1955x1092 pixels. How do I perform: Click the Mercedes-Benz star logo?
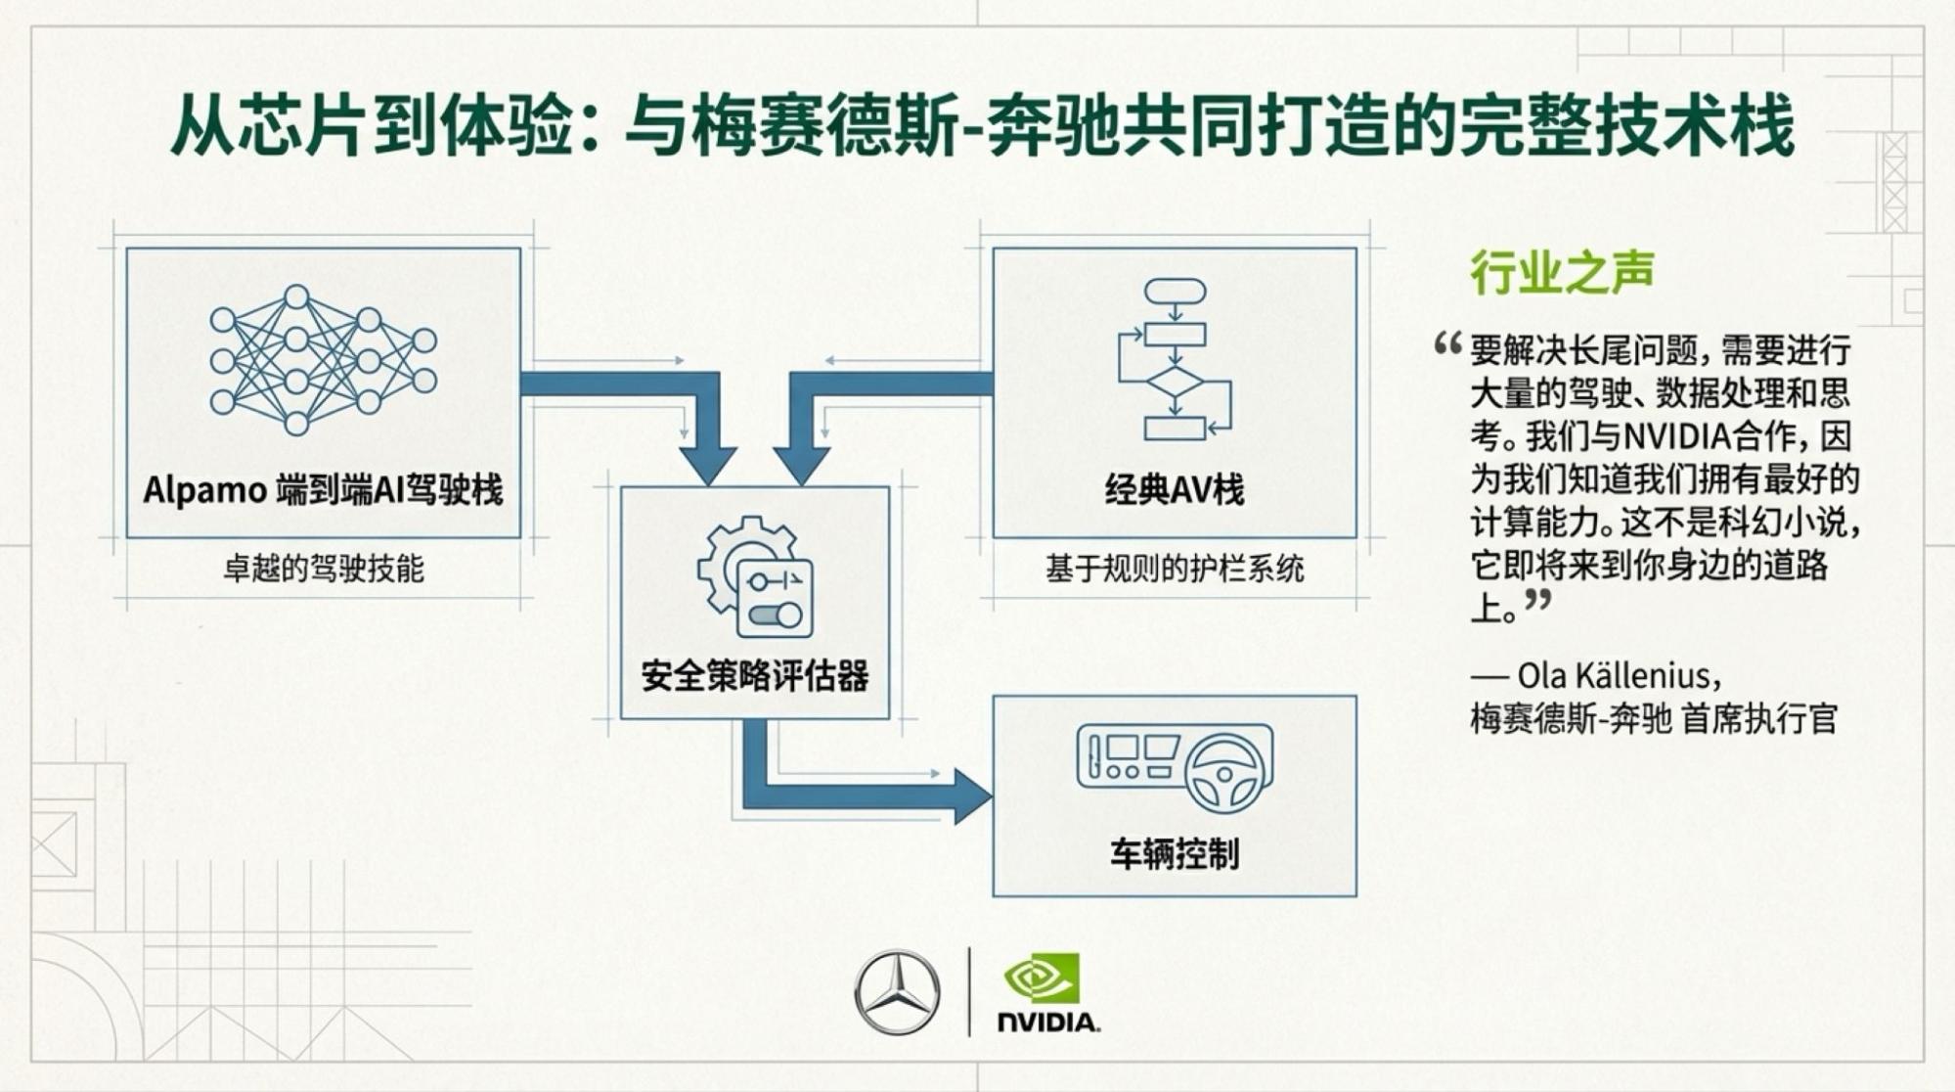click(897, 991)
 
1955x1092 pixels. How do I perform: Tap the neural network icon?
click(323, 359)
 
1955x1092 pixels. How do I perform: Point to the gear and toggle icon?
click(755, 577)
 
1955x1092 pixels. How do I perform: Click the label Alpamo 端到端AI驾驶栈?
click(323, 489)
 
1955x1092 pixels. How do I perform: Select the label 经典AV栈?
click(1175, 489)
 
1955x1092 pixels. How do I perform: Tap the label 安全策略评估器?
click(755, 676)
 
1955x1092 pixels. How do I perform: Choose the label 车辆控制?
click(1175, 854)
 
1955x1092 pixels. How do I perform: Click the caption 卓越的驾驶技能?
click(323, 569)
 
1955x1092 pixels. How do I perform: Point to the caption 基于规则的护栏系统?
click(1175, 569)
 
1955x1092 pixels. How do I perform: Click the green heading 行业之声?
click(1562, 272)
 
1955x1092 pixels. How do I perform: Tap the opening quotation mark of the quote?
click(1447, 345)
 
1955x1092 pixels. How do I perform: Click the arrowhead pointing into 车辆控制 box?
click(971, 796)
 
